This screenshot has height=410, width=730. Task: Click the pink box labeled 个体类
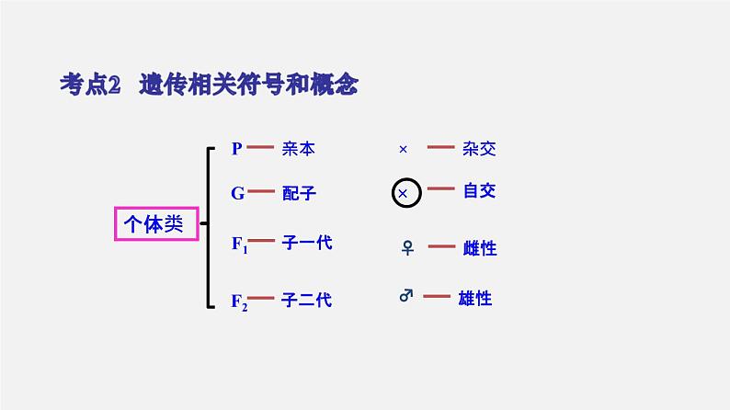(x=156, y=223)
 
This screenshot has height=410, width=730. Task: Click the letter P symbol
(x=236, y=148)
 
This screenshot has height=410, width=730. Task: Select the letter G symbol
(x=237, y=193)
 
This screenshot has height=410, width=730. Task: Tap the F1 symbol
(x=239, y=245)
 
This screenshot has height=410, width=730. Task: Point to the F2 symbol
(x=239, y=301)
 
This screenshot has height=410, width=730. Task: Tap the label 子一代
(x=307, y=243)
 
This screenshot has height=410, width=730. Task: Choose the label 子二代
(x=307, y=299)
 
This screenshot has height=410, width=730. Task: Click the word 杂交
(x=479, y=148)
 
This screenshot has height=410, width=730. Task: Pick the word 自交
(x=479, y=191)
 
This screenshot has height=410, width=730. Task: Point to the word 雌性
(x=479, y=248)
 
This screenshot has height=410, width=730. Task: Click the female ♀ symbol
(x=407, y=247)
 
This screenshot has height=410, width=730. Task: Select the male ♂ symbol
(x=406, y=296)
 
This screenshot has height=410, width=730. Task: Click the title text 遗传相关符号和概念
(x=248, y=85)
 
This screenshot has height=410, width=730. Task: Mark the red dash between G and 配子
(x=262, y=192)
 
